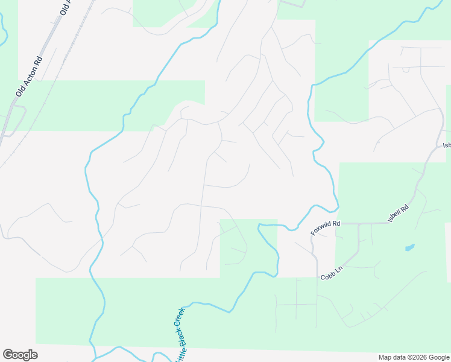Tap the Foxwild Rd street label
coord(326,228)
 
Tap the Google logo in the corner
coord(20,355)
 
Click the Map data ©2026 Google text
coord(414,357)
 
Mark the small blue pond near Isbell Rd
coord(409,247)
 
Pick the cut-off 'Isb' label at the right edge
coord(447,145)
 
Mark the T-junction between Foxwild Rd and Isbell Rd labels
coord(359,223)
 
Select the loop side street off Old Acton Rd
coord(19,118)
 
